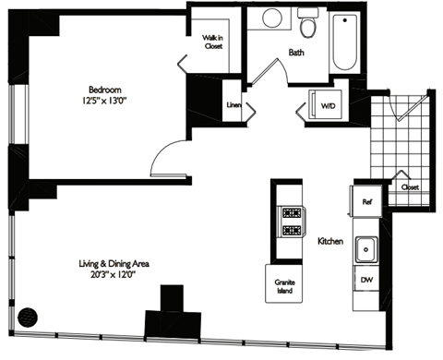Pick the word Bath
point(296,53)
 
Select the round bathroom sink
point(271,18)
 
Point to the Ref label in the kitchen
point(365,199)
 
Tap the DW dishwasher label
point(365,278)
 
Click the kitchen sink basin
point(365,246)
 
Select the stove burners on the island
point(292,221)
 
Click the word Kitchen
point(330,242)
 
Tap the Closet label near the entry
point(409,186)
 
